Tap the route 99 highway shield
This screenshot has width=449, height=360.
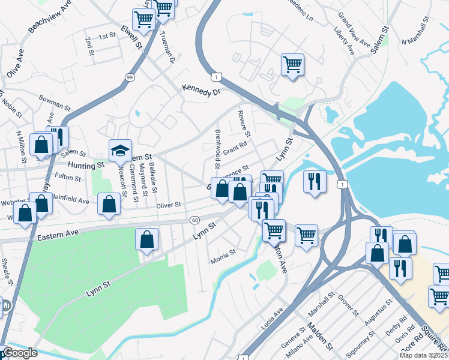click(130, 77)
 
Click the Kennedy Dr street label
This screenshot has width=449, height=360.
click(202, 91)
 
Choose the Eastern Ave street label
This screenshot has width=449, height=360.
click(58, 236)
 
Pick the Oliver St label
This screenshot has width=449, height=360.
click(169, 205)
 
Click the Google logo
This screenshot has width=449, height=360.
click(20, 353)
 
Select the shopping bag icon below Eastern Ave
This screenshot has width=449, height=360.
click(147, 239)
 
